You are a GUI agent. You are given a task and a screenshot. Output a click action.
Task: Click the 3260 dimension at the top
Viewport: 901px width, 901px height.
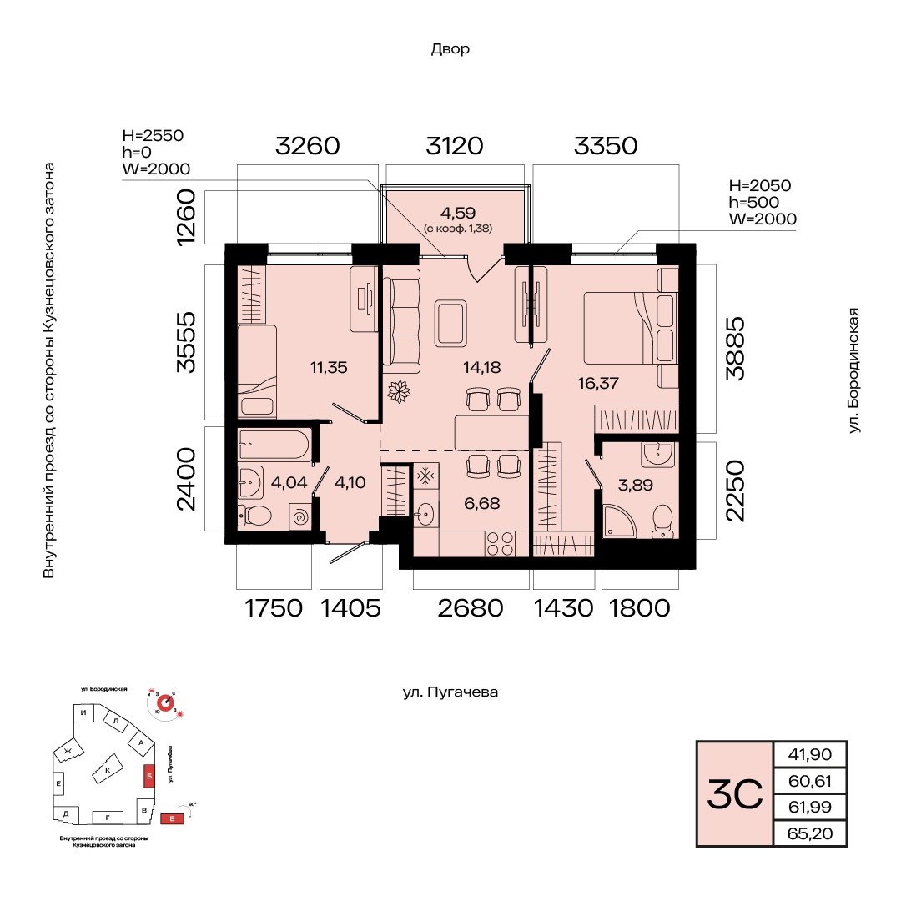pos(308,146)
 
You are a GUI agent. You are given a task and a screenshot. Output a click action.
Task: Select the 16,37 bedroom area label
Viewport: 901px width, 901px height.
pos(597,383)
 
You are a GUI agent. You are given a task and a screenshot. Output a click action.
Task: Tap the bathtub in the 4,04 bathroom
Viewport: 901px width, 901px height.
pos(274,444)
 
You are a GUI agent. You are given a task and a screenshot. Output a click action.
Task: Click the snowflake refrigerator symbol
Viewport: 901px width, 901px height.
pos(425,476)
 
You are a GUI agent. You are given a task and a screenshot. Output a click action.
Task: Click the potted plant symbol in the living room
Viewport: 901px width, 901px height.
pos(399,390)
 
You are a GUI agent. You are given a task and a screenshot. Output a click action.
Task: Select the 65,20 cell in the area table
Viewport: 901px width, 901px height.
pos(810,833)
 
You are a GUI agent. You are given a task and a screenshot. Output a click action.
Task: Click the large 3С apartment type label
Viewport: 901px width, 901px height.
pos(735,793)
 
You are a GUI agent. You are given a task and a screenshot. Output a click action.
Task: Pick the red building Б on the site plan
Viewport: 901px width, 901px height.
pos(149,775)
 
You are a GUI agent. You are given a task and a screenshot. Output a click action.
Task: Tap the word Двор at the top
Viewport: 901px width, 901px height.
pos(450,49)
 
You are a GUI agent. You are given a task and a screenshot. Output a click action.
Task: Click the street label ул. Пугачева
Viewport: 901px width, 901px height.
pos(450,692)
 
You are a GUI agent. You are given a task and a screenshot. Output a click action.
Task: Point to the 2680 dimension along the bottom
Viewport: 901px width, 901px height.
pos(471,608)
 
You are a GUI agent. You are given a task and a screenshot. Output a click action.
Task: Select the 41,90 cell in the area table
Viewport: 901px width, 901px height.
pos(810,754)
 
